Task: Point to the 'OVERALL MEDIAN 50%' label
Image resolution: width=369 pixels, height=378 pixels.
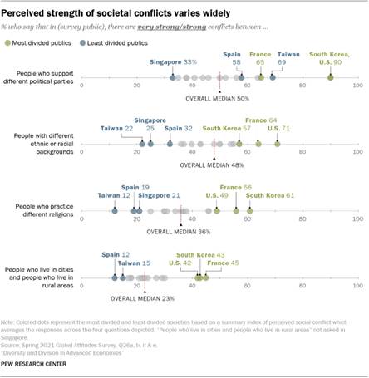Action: coord(219,98)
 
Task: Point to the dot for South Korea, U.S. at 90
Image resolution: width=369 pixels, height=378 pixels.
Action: coord(330,76)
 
